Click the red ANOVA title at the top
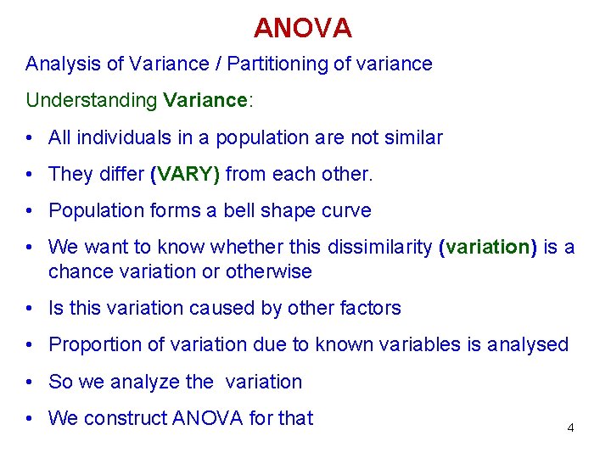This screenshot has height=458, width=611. pos(302,28)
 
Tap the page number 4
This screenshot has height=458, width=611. pos(570,428)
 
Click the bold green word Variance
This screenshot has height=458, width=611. pos(204,100)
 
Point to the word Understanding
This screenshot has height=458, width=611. pos(91,101)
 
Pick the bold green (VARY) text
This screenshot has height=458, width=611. pos(185,174)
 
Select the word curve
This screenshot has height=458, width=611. pos(345,210)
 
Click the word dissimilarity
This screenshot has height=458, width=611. pos(378,247)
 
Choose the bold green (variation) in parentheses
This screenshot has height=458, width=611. pos(488,247)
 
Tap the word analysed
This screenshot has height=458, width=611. pos(525,344)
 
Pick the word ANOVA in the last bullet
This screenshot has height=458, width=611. pos(206,418)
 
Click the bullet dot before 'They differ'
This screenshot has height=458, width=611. pos(30,175)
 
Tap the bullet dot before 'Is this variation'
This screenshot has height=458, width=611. pos(30,309)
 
